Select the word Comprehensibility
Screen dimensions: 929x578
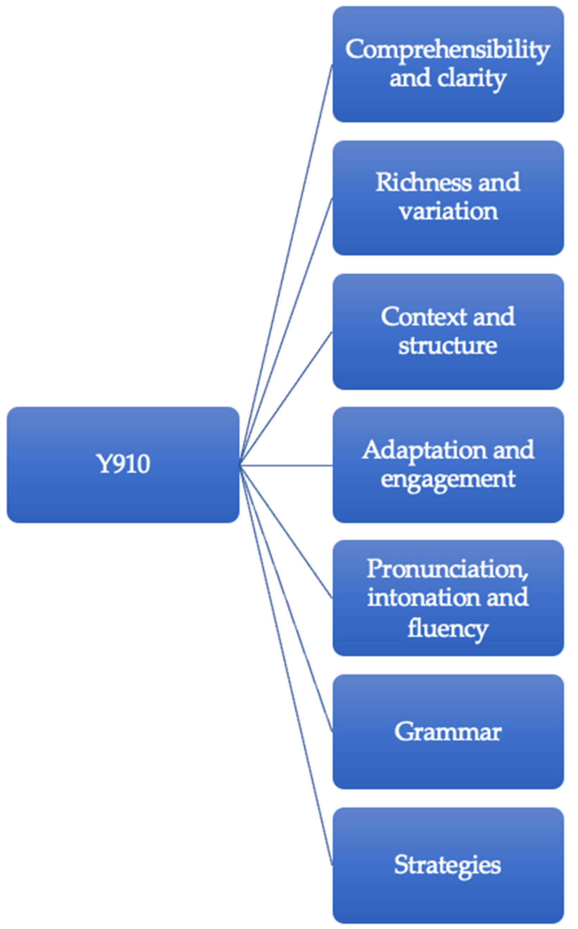[x=447, y=50]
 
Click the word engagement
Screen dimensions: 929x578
[x=448, y=479]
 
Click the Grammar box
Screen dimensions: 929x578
[x=448, y=732]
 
